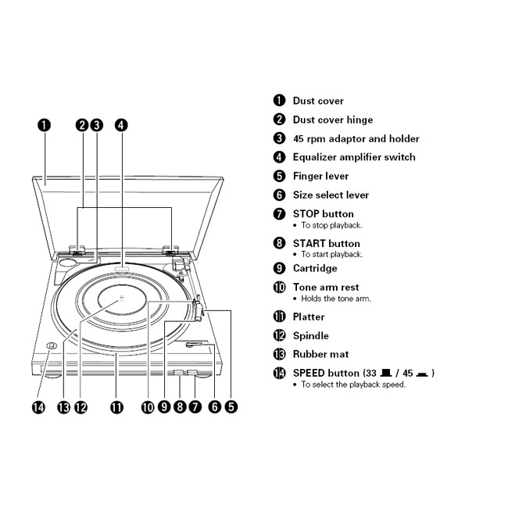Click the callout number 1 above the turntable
click(x=45, y=124)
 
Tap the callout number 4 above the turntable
click(x=121, y=124)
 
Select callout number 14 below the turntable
click(x=38, y=406)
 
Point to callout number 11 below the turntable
click(x=116, y=406)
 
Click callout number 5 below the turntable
click(x=231, y=406)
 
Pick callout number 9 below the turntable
click(x=164, y=406)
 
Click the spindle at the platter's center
click(x=120, y=299)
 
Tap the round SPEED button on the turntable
click(x=51, y=347)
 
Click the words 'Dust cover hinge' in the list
click(x=332, y=120)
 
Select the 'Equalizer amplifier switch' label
click(x=354, y=157)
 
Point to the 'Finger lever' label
click(x=320, y=176)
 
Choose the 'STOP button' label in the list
click(x=323, y=213)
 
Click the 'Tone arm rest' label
click(x=326, y=287)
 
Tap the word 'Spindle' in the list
click(x=310, y=335)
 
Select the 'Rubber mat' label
click(x=320, y=354)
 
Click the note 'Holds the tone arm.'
click(x=336, y=299)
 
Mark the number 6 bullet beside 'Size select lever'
click(x=279, y=195)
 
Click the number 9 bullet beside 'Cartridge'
click(x=279, y=268)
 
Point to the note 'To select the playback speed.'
click(x=353, y=385)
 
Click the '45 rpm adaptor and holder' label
click(x=356, y=138)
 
